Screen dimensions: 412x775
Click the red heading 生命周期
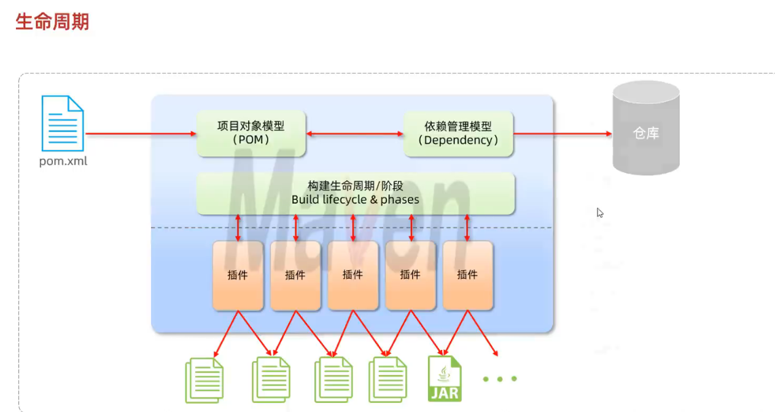52,22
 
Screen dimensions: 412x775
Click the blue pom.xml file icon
63,123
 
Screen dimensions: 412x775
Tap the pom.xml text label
63,162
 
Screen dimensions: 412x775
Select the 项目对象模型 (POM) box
251,133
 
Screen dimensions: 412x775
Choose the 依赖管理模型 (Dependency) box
458,133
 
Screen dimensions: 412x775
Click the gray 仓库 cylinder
645,133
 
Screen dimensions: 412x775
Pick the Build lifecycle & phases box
355,193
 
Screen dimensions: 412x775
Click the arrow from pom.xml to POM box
141,133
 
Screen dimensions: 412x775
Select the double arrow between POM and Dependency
355,133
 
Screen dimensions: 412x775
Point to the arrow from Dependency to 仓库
563,133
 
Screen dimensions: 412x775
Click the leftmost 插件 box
238,275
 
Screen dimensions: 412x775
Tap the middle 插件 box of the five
352,275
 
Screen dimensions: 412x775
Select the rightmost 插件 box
467,275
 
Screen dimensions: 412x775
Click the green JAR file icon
445,379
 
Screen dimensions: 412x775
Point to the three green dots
499,379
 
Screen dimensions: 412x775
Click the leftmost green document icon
204,380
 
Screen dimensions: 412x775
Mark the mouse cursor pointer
600,213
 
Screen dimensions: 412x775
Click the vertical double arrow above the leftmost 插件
239,228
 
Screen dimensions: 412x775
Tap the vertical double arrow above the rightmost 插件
467,228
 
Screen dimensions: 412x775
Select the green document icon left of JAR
387,380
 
